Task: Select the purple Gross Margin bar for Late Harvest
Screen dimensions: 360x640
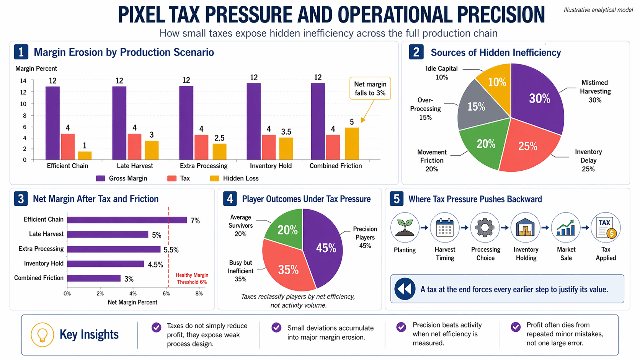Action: [x=119, y=123]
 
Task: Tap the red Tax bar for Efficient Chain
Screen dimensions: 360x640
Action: [x=68, y=147]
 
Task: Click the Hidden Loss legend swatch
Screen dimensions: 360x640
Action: [x=214, y=178]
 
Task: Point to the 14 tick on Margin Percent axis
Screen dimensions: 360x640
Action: [x=23, y=81]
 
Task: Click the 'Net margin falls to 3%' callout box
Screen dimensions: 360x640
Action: [x=370, y=88]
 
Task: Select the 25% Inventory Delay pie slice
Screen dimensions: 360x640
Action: [x=527, y=147]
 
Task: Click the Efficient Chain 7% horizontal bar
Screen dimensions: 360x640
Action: [x=127, y=220]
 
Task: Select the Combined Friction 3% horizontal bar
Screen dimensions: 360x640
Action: [x=94, y=279]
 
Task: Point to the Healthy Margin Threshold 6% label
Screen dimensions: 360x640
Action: [x=192, y=279]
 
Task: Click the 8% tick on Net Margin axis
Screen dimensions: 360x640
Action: [x=199, y=294]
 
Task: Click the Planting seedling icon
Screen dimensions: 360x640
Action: [x=405, y=228]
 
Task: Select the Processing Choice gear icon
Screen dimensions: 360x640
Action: [x=485, y=228]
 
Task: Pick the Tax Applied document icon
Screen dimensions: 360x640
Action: [x=606, y=228]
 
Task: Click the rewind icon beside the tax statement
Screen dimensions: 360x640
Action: [x=405, y=289]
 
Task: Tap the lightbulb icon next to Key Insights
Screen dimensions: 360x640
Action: [x=42, y=335]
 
